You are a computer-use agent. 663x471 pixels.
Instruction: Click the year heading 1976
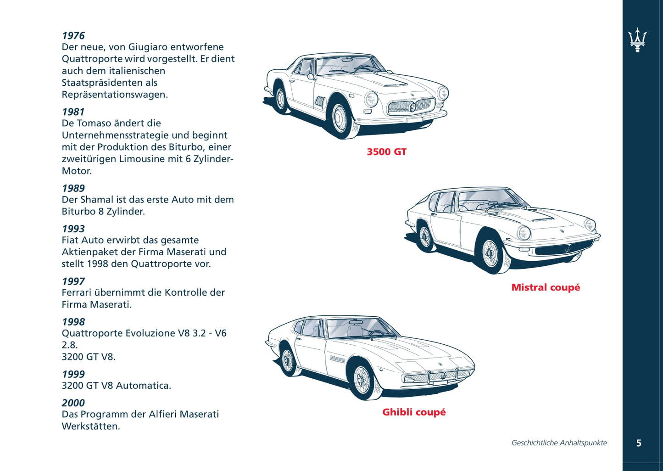(x=73, y=36)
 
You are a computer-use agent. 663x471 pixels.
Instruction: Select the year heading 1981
(x=73, y=112)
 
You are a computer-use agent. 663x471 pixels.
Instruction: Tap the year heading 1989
(x=73, y=188)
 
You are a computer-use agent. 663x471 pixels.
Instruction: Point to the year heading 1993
(x=73, y=229)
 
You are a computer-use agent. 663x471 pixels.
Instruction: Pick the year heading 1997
(x=73, y=281)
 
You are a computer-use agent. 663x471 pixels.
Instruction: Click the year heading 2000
(x=73, y=403)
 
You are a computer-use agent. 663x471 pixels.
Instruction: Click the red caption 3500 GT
(x=386, y=152)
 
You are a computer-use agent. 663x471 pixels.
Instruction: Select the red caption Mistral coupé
(x=546, y=287)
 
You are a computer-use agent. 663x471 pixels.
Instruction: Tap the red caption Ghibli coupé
(x=414, y=412)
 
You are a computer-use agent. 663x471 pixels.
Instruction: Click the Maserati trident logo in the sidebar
(x=637, y=40)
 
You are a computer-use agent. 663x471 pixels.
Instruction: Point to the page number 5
(x=639, y=443)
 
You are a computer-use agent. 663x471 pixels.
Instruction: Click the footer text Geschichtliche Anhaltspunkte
(x=559, y=443)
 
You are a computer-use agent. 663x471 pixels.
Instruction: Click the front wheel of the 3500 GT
(x=340, y=118)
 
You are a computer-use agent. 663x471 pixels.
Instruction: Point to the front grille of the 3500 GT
(x=411, y=107)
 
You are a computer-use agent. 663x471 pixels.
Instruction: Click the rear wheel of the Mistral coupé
(x=425, y=237)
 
